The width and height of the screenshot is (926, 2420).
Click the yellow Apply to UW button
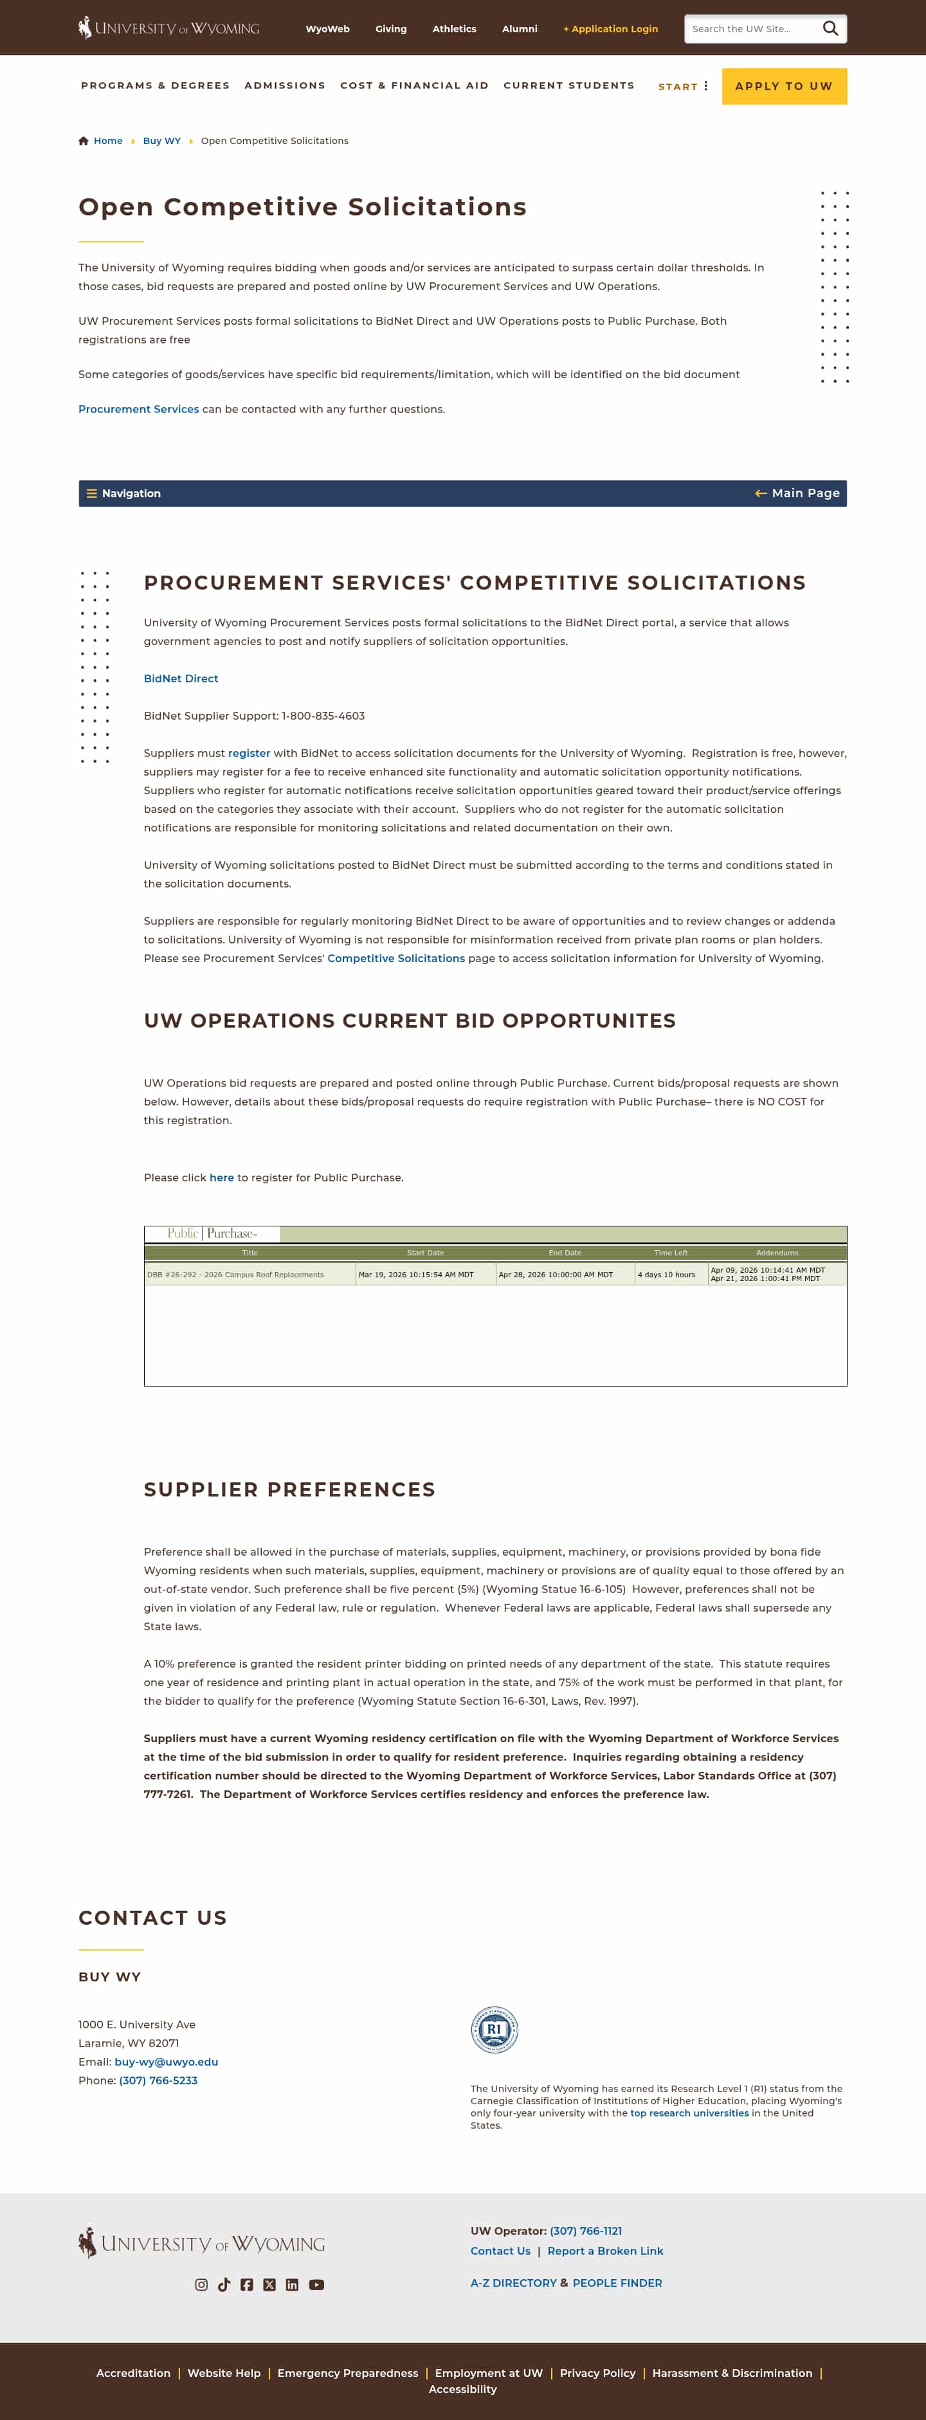pyautogui.click(x=783, y=86)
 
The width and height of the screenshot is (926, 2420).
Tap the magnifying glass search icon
pyautogui.click(x=830, y=29)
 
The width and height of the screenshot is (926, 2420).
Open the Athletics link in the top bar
pyautogui.click(x=453, y=29)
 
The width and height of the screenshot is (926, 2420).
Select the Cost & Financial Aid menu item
pyautogui.click(x=414, y=86)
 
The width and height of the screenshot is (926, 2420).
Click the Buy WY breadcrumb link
pyautogui.click(x=161, y=141)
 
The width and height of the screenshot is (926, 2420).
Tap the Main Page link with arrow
pyautogui.click(x=797, y=493)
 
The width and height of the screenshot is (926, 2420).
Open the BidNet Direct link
pyautogui.click(x=180, y=678)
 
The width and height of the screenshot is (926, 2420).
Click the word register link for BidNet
pyautogui.click(x=249, y=754)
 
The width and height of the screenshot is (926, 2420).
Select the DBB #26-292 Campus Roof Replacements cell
pyautogui.click(x=236, y=1275)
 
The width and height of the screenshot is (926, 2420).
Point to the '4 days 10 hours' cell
pyautogui.click(x=667, y=1275)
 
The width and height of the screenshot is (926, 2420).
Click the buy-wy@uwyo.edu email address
pyautogui.click(x=166, y=2062)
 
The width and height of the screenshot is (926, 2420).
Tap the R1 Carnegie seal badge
pyautogui.click(x=494, y=2029)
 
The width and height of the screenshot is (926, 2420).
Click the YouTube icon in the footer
pyautogui.click(x=316, y=2285)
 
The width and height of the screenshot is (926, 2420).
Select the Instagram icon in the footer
pyautogui.click(x=201, y=2285)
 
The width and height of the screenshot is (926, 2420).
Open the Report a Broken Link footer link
pyautogui.click(x=605, y=2251)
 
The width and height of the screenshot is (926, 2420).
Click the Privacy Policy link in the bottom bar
pyautogui.click(x=597, y=2373)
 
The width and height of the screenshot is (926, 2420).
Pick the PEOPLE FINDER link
pyautogui.click(x=617, y=2283)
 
